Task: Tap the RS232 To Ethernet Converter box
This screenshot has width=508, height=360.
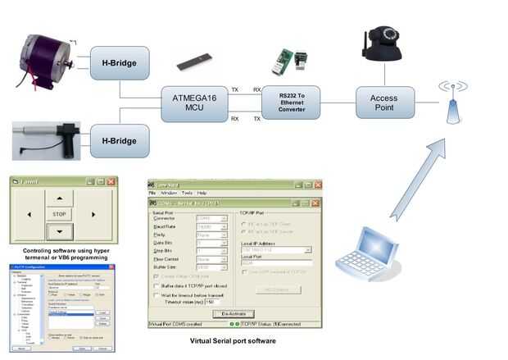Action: click(292, 102)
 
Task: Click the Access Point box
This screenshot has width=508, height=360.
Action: click(385, 102)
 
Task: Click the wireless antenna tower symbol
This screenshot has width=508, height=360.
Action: click(453, 101)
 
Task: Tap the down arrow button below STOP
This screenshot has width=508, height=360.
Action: click(59, 230)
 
